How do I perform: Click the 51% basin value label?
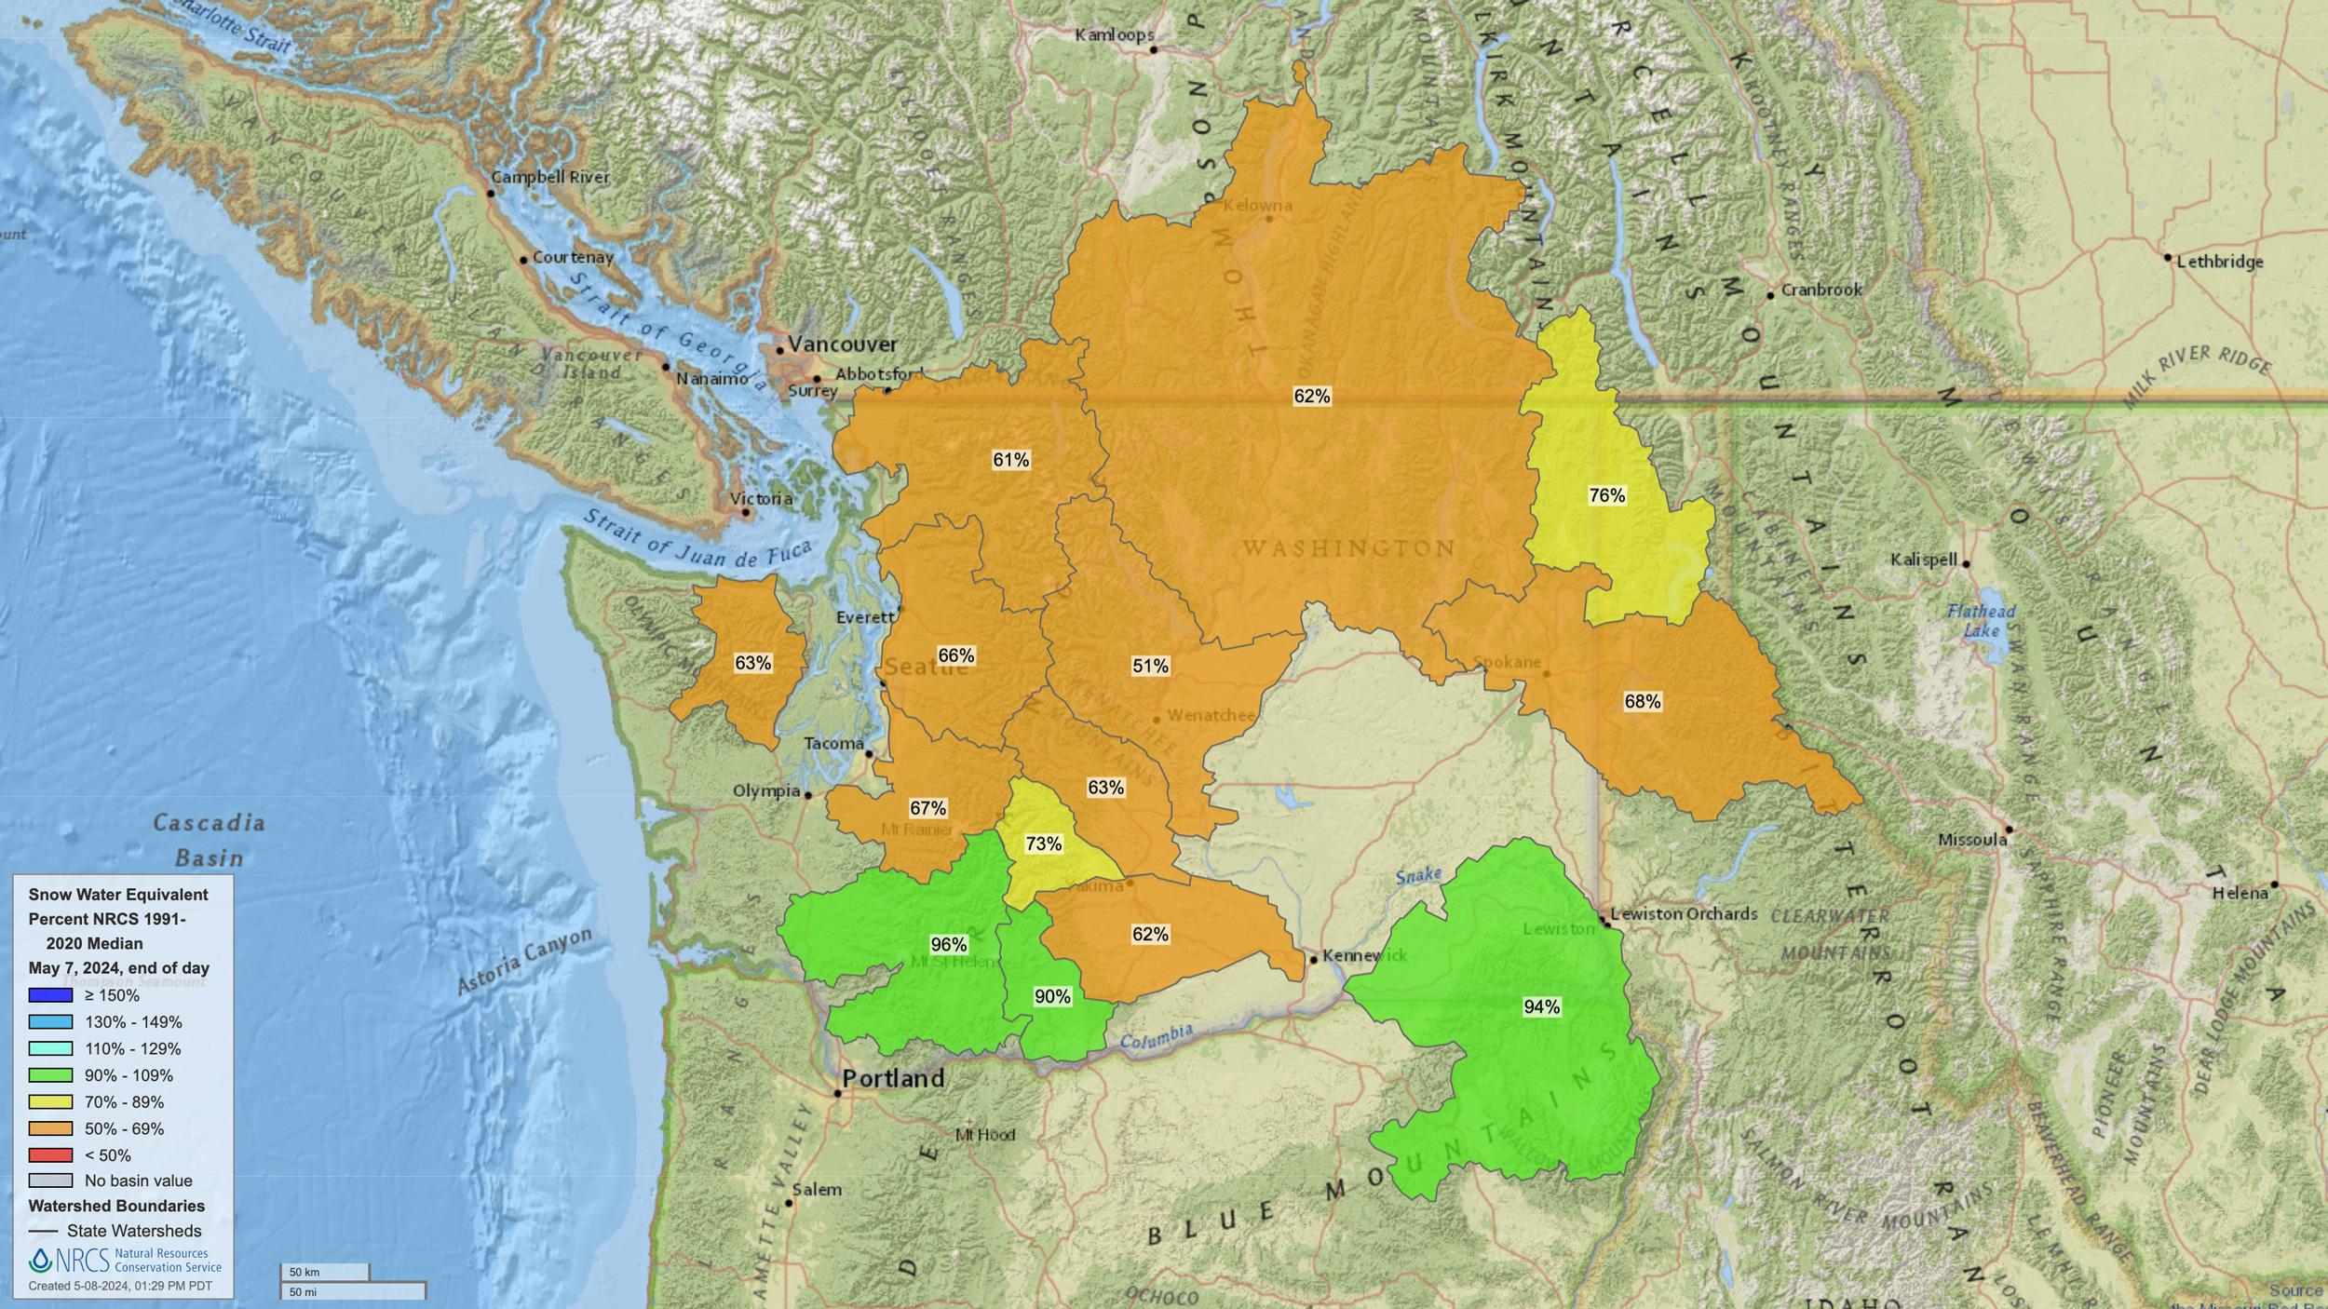(1150, 666)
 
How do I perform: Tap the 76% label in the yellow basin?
(1606, 495)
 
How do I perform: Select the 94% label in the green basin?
(1541, 1006)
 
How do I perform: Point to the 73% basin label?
(1043, 843)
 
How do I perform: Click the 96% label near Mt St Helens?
(948, 945)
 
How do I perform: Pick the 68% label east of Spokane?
(1642, 701)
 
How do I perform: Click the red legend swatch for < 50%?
(50, 1155)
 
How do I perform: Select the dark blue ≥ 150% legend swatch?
(50, 995)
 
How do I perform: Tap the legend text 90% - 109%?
(129, 1075)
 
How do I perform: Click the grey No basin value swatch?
(50, 1181)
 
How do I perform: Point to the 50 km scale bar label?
(304, 1272)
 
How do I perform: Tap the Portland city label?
(892, 1079)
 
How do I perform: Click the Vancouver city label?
(842, 344)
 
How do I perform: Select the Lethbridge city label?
(2219, 262)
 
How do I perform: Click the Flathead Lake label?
(1981, 620)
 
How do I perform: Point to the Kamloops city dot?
(1152, 49)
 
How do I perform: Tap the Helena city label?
(2240, 893)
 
